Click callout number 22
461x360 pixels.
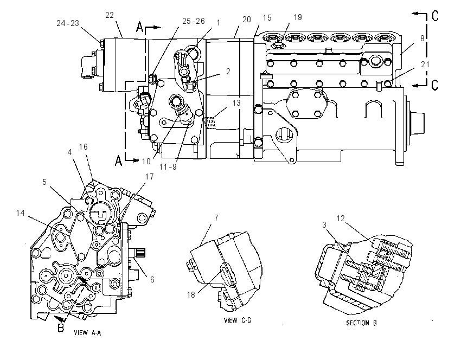pyautogui.click(x=110, y=15)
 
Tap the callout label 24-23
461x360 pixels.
pyautogui.click(x=68, y=23)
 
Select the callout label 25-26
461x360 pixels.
pyautogui.click(x=194, y=21)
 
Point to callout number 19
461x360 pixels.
pyautogui.click(x=298, y=17)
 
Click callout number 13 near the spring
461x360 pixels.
pyautogui.click(x=236, y=103)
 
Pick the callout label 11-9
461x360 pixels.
pyautogui.click(x=168, y=167)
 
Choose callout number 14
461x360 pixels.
pyautogui.click(x=20, y=213)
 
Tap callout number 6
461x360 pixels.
pyautogui.click(x=152, y=279)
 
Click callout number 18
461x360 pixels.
pyautogui.click(x=191, y=294)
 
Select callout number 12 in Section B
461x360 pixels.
pyautogui.click(x=341, y=218)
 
